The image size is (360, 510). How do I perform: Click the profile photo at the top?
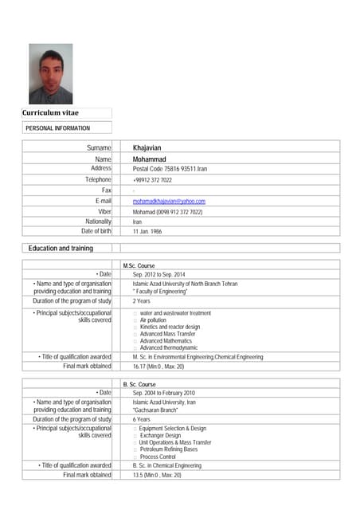coord(50,73)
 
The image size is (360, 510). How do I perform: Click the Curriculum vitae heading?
coord(50,113)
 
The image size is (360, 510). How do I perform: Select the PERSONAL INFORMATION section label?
coord(57,127)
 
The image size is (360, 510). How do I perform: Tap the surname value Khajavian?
coord(151,148)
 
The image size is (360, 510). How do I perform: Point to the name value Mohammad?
coord(151,159)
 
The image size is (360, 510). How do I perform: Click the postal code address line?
coord(170,169)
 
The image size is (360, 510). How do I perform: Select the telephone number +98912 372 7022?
coord(152,180)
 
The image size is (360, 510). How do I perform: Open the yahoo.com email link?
coord(169,201)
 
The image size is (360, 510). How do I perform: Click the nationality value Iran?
coord(137,222)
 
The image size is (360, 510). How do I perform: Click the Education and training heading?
coord(61,249)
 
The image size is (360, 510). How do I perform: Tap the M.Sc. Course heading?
coord(139,265)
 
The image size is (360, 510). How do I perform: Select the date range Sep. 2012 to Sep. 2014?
coord(158,274)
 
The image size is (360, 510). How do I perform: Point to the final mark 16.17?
coord(158,367)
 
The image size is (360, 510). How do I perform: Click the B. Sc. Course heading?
coord(139,384)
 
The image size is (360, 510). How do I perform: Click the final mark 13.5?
coord(157,475)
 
